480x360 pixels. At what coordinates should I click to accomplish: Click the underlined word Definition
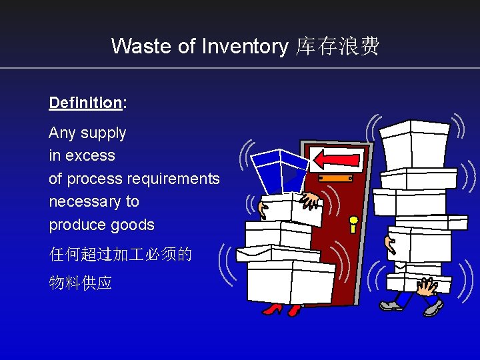(x=85, y=103)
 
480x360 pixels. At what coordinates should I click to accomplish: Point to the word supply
(x=103, y=133)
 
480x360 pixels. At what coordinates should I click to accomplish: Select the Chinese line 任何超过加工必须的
(x=120, y=254)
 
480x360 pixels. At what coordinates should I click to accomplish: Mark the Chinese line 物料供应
(x=81, y=283)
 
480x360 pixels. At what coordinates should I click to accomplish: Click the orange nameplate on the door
(x=335, y=179)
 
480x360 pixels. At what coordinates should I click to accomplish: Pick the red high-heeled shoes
(x=281, y=309)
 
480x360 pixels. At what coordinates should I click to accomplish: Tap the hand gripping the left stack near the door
(x=310, y=199)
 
